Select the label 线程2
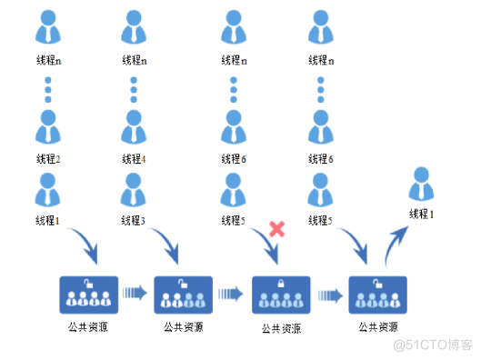(x=47, y=158)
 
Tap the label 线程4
(x=134, y=158)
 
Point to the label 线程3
(x=134, y=220)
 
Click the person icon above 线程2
(x=47, y=128)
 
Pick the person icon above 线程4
(x=134, y=128)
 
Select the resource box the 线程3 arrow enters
(x=184, y=295)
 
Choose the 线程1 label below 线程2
(x=47, y=220)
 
